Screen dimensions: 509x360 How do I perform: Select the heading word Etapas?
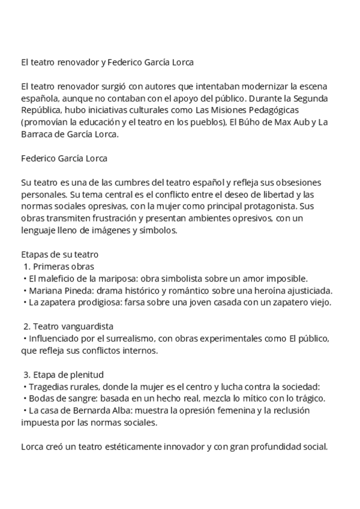tap(34, 254)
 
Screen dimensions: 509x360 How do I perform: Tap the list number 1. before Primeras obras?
tap(26, 267)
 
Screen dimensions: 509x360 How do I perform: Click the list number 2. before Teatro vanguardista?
tap(26, 327)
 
